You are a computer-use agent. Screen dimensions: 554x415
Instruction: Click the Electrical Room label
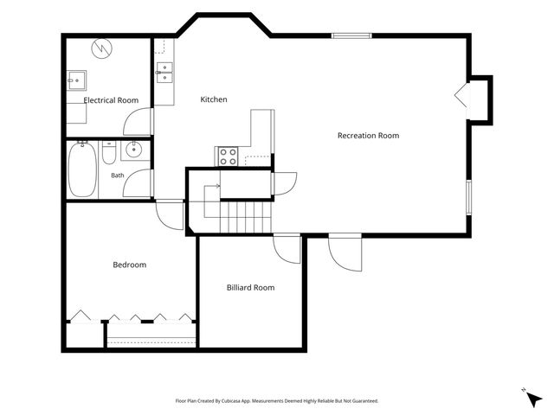[x=111, y=100]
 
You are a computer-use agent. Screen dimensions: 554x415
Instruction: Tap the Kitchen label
[x=214, y=99]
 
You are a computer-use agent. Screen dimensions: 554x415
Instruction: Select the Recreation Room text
[x=368, y=136]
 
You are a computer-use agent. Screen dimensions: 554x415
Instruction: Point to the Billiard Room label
[x=250, y=288]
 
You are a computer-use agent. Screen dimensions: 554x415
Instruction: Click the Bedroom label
[x=130, y=265]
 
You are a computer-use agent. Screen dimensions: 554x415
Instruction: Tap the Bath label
[x=118, y=176]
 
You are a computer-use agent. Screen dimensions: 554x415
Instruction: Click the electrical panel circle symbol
[x=102, y=48]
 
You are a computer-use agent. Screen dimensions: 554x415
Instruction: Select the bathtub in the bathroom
[x=83, y=169]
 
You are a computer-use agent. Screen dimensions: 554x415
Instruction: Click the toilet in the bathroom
[x=109, y=152]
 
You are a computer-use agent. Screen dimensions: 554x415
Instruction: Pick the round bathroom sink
[x=134, y=150]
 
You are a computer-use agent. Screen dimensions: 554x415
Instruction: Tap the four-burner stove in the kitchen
[x=228, y=156]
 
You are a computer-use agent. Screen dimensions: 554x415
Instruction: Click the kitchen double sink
[x=164, y=73]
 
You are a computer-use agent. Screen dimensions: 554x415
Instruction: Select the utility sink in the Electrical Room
[x=77, y=80]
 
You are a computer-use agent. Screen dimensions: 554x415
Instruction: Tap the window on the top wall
[x=351, y=35]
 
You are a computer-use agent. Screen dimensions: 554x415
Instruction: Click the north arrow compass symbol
[x=533, y=398]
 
